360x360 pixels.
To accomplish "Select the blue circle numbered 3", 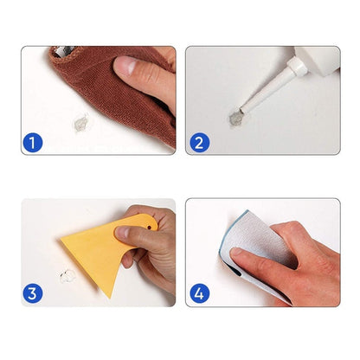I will tap(31, 294).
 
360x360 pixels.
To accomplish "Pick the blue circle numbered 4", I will tap(198, 294).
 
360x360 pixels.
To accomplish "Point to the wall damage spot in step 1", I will tap(78, 119).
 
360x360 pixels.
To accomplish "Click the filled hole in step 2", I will tap(233, 114).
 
